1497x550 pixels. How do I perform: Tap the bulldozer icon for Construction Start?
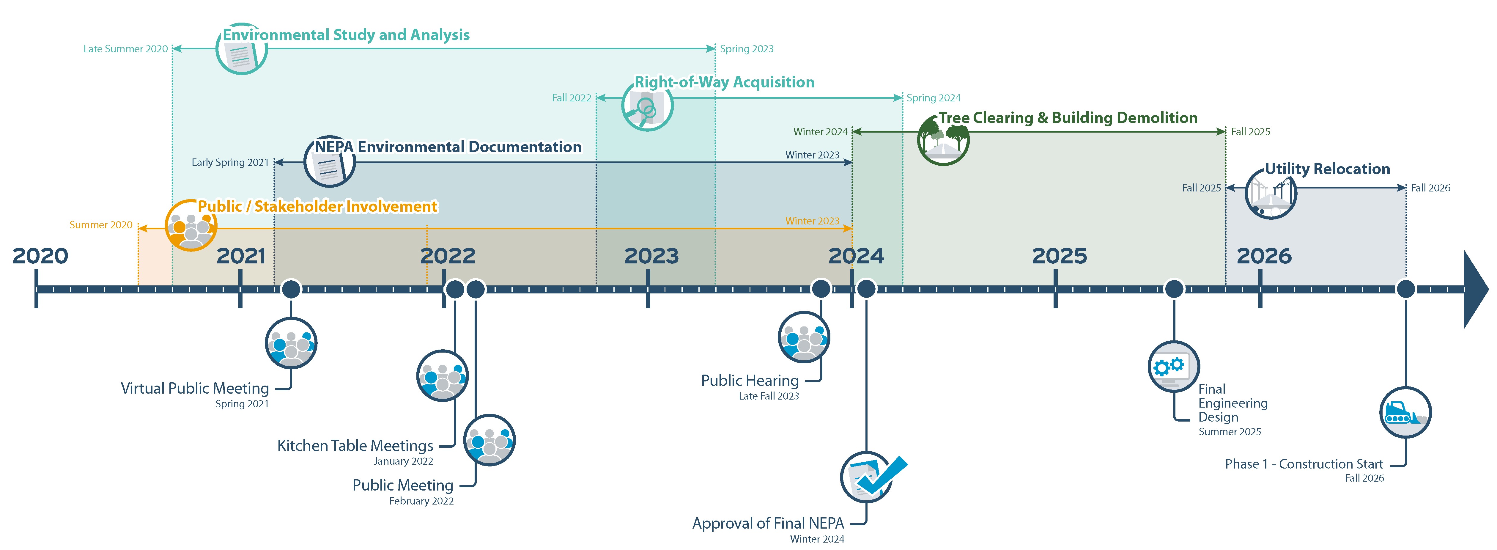click(1405, 413)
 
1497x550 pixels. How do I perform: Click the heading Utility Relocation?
click(1327, 169)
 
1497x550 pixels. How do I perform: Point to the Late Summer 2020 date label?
click(125, 49)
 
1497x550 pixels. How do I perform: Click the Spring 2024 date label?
click(933, 98)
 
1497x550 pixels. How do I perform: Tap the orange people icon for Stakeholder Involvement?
click(191, 226)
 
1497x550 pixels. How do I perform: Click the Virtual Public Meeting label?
click(195, 388)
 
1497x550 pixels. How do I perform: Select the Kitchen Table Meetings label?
click(355, 446)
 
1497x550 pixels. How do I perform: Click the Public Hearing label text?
click(750, 381)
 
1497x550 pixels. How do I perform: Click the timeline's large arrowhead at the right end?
click(1475, 289)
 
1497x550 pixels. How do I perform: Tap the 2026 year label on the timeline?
click(1264, 256)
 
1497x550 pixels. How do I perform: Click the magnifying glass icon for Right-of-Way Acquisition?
click(647, 106)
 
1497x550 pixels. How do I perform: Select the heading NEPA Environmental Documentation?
click(448, 147)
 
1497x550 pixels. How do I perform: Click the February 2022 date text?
click(421, 501)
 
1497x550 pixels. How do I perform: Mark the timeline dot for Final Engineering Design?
click(1174, 289)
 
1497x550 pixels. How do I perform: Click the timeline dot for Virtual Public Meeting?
click(291, 289)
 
